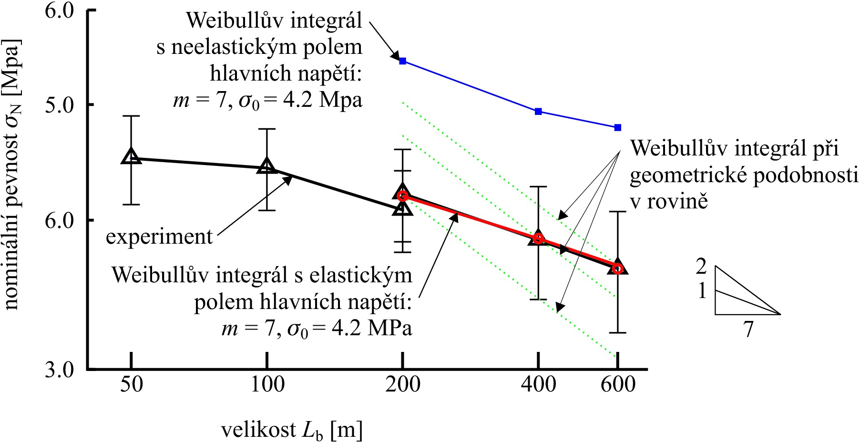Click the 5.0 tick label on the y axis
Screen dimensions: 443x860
(60, 104)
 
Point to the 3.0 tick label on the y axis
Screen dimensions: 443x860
(60, 370)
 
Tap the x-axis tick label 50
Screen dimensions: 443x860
(131, 384)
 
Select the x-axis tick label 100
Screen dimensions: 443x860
(267, 384)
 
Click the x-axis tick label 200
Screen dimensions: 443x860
(403, 384)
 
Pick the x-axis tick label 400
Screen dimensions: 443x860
(538, 384)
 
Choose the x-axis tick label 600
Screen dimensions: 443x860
(618, 384)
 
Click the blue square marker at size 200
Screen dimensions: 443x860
(402, 61)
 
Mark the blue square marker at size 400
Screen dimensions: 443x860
(538, 112)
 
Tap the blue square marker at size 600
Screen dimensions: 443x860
(618, 128)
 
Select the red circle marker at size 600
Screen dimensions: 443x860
(618, 269)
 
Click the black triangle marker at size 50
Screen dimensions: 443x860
(131, 156)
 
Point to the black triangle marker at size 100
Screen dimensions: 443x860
(267, 166)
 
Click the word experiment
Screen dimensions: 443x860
(159, 237)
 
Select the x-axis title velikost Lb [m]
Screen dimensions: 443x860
(291, 430)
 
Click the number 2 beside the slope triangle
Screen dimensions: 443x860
(701, 266)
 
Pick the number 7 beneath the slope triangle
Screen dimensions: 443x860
(748, 329)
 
